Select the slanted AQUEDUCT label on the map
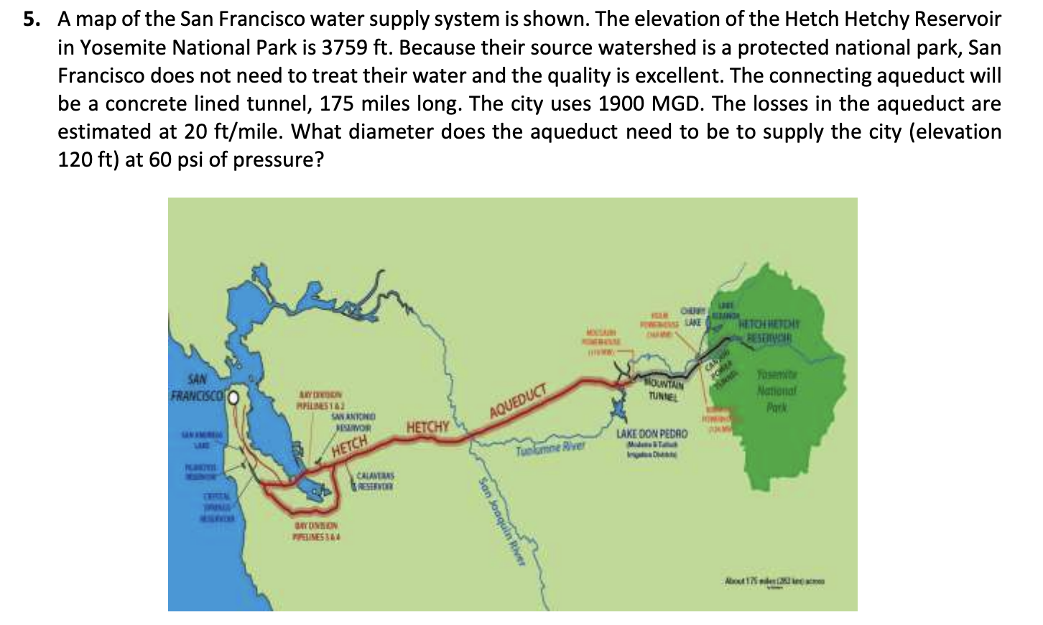(x=518, y=402)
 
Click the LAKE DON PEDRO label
(x=652, y=435)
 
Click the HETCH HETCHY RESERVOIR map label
(x=769, y=330)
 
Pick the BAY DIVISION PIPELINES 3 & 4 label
(x=317, y=532)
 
